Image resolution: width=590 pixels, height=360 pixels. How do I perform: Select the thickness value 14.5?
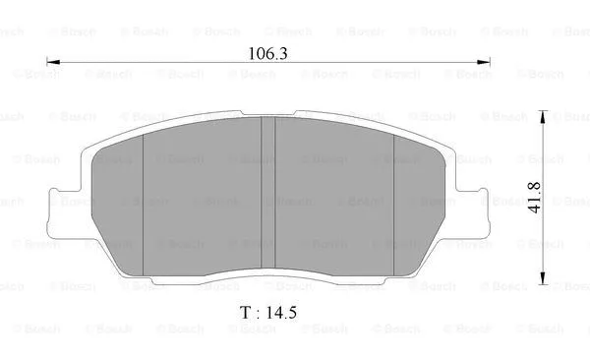(277, 313)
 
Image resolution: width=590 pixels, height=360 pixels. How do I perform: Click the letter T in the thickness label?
(244, 313)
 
